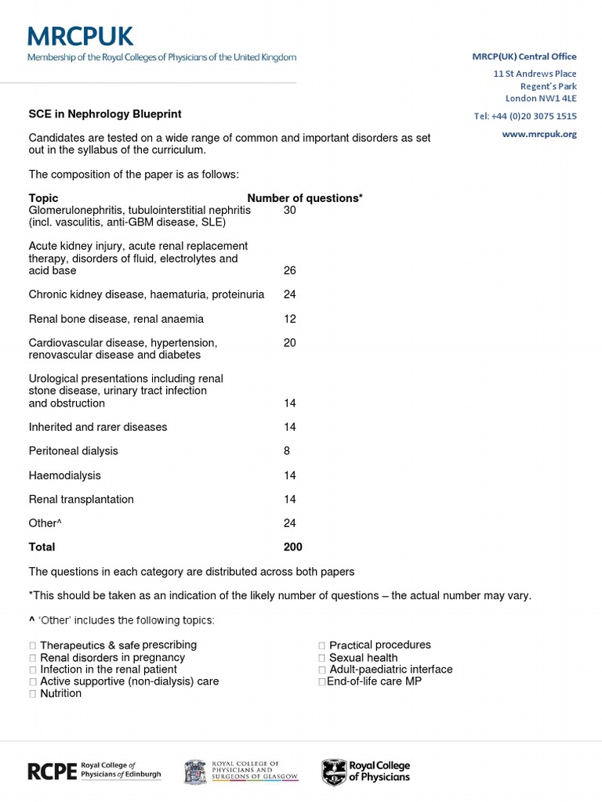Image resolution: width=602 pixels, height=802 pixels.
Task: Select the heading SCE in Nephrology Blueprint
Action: coord(105,114)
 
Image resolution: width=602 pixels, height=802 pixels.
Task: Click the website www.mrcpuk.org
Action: coord(539,134)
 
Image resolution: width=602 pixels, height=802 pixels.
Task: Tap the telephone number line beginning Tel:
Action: coord(525,116)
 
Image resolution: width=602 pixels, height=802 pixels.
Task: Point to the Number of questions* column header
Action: coord(305,198)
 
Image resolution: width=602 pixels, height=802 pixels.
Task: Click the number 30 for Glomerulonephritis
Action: coord(289,211)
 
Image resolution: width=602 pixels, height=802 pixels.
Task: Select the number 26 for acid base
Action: coord(289,270)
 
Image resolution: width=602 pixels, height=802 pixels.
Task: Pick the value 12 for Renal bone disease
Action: coord(289,319)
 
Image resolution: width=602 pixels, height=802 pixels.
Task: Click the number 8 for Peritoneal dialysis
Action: coord(287,451)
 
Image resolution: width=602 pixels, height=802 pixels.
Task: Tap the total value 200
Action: coord(292,547)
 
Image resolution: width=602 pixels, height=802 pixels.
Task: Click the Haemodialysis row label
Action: coord(64,475)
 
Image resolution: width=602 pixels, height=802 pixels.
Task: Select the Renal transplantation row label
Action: coord(81,499)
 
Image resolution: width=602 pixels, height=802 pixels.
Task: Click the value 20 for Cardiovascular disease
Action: coord(289,343)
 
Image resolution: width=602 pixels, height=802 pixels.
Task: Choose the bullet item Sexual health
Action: coord(363,658)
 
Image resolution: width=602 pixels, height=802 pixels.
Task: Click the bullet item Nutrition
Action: coord(60,693)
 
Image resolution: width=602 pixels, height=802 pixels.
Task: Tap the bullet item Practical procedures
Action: coord(379,645)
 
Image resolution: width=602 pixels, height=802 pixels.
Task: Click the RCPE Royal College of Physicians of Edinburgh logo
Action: coord(94,771)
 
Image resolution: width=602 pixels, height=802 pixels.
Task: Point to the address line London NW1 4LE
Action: coord(540,98)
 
